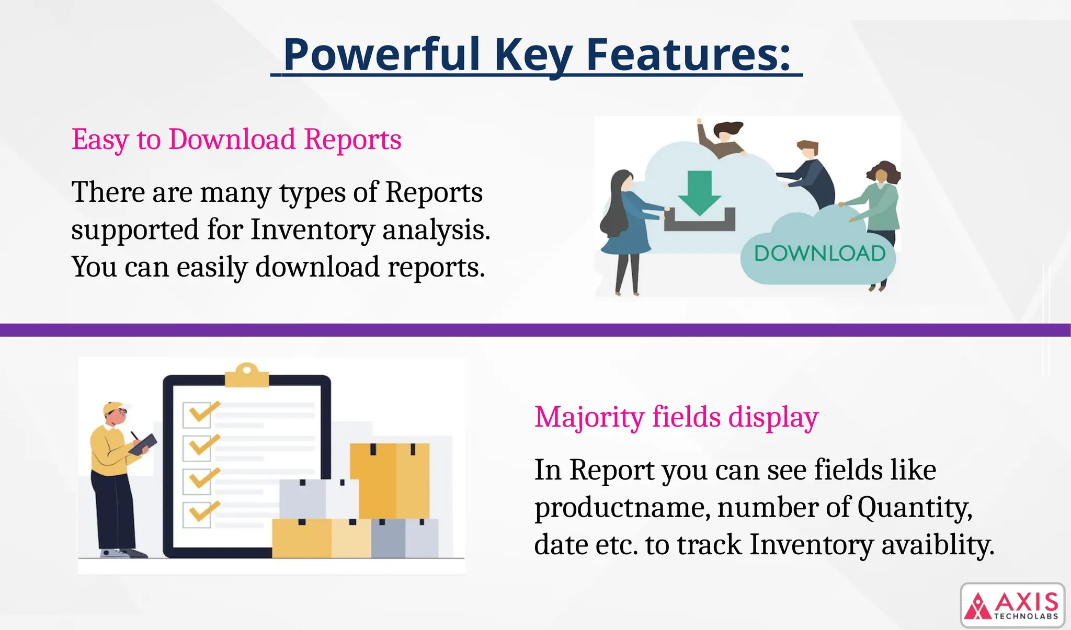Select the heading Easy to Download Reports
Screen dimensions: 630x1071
(236, 140)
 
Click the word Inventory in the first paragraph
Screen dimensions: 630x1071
(312, 230)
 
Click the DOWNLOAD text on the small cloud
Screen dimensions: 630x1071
(819, 254)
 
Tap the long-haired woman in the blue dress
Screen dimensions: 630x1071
(626, 225)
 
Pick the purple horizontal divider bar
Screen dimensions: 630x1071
(535, 330)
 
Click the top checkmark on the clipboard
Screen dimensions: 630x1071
(201, 412)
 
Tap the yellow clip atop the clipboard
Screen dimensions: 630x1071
(247, 375)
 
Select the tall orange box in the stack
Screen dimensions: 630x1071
(390, 480)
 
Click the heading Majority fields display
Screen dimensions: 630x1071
(676, 417)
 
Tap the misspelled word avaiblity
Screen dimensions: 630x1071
(937, 545)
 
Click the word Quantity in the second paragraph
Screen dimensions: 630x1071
(914, 508)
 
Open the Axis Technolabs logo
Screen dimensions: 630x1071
(1012, 605)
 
